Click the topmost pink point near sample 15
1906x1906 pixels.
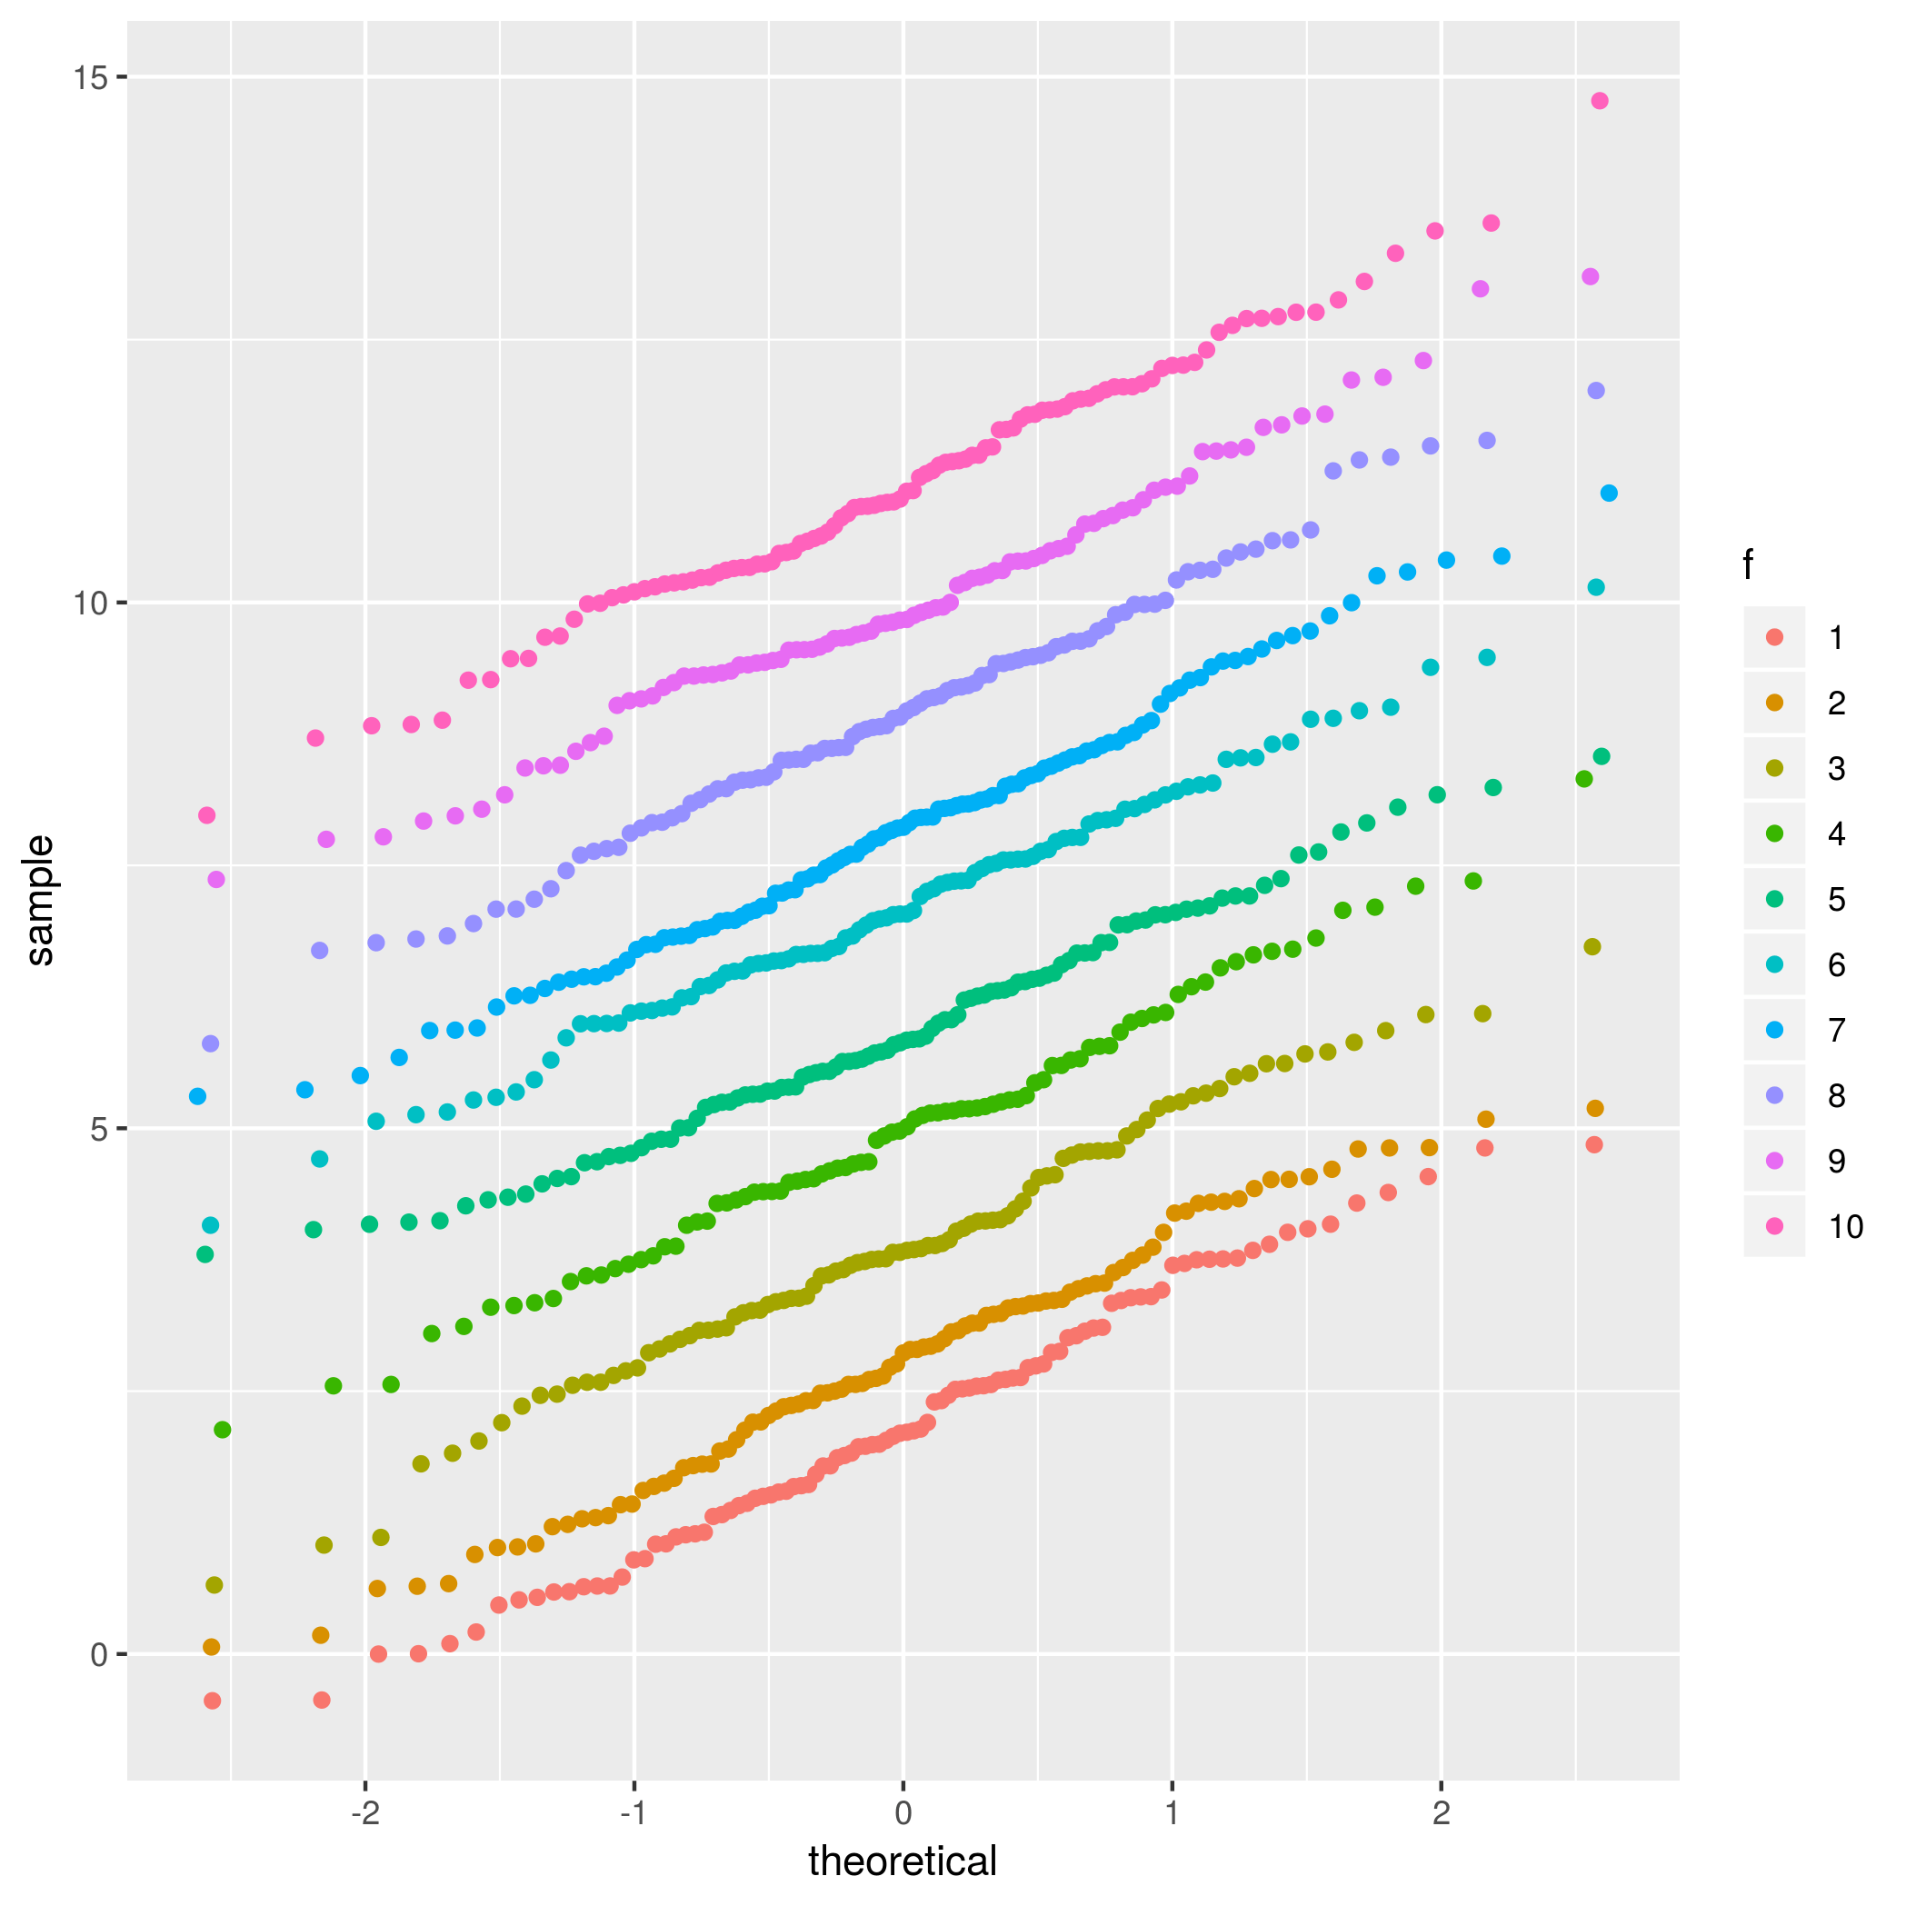point(1599,101)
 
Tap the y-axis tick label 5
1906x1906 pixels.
point(99,1129)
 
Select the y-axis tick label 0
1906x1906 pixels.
point(99,1654)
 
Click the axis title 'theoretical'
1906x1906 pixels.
point(903,1861)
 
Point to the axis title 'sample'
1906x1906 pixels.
point(39,900)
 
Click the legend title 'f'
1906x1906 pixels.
point(1748,565)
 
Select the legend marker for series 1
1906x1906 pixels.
point(1775,637)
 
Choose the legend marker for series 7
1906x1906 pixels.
point(1775,1030)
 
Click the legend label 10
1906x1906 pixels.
point(1846,1226)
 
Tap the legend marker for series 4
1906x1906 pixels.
point(1775,833)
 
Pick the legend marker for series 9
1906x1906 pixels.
point(1775,1162)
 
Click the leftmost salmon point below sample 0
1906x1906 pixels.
point(212,1701)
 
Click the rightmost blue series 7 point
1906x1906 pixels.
point(1609,494)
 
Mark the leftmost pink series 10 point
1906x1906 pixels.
point(206,815)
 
